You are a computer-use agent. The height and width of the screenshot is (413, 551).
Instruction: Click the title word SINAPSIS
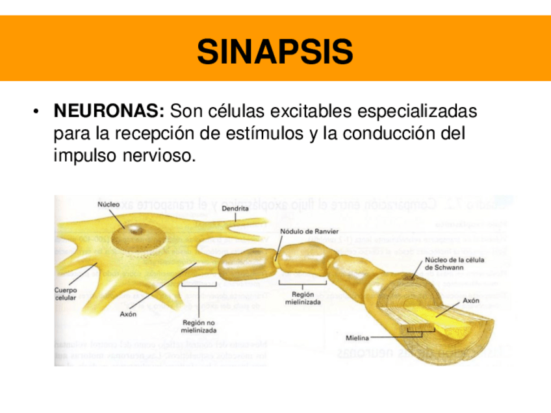click(x=275, y=52)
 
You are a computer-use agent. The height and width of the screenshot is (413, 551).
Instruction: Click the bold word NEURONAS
click(x=109, y=111)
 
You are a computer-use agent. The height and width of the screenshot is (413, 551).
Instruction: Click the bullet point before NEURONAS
click(x=38, y=112)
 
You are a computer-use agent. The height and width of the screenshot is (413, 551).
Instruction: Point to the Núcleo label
click(x=109, y=204)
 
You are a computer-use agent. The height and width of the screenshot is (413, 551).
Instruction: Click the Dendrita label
click(x=235, y=208)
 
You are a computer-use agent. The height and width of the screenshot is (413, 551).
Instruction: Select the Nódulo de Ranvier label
click(x=309, y=231)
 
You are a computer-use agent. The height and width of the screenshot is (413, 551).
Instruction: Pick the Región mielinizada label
click(x=303, y=298)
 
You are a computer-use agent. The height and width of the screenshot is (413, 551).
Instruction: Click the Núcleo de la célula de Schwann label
click(x=454, y=264)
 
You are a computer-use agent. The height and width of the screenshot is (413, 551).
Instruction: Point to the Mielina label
click(x=357, y=338)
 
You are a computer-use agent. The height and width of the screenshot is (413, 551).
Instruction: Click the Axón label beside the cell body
click(x=129, y=314)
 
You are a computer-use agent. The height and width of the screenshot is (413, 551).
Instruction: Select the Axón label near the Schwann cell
click(x=471, y=301)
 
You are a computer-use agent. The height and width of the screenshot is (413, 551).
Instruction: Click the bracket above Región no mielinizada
click(x=197, y=283)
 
